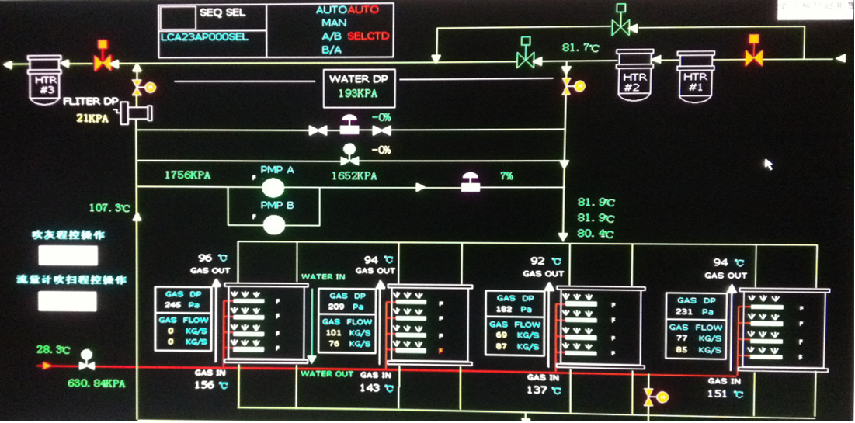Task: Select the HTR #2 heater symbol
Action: click(x=634, y=75)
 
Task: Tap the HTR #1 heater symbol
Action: click(x=695, y=75)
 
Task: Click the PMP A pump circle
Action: click(x=273, y=187)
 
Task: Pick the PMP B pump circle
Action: click(x=273, y=224)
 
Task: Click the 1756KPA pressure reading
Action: click(x=187, y=175)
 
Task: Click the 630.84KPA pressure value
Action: click(x=96, y=383)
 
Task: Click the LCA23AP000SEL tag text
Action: click(x=204, y=36)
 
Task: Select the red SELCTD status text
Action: click(x=369, y=36)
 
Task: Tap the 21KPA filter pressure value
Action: click(x=92, y=118)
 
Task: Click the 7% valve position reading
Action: click(x=506, y=176)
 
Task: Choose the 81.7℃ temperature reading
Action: click(x=581, y=48)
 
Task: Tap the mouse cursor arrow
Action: click(x=768, y=164)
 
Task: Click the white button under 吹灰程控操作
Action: click(x=68, y=255)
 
